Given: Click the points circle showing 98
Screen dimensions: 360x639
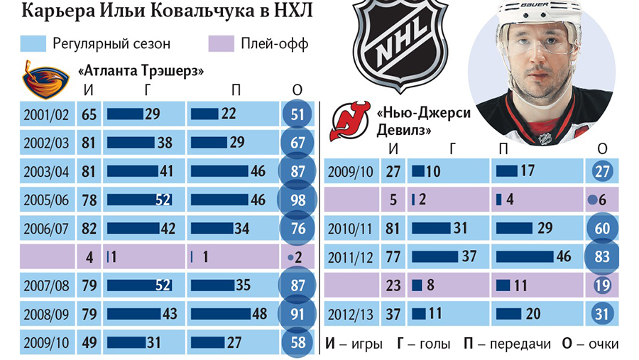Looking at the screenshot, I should [x=297, y=200].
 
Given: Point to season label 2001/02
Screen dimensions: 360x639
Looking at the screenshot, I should [x=46, y=114].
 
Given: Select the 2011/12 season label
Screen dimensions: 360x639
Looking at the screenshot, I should [x=349, y=257].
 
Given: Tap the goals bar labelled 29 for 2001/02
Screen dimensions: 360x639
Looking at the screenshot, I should [x=124, y=114].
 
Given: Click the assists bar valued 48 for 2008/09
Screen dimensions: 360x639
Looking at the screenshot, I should [x=218, y=314].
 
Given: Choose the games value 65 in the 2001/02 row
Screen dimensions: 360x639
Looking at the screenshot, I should [x=89, y=114].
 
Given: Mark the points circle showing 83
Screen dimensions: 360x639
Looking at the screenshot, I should [x=601, y=257].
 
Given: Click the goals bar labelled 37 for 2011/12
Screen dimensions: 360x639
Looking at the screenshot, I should [x=436, y=257].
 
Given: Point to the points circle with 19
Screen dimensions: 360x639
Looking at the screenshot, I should [x=601, y=285].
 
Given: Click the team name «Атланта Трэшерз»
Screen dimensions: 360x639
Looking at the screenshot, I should [x=141, y=71].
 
